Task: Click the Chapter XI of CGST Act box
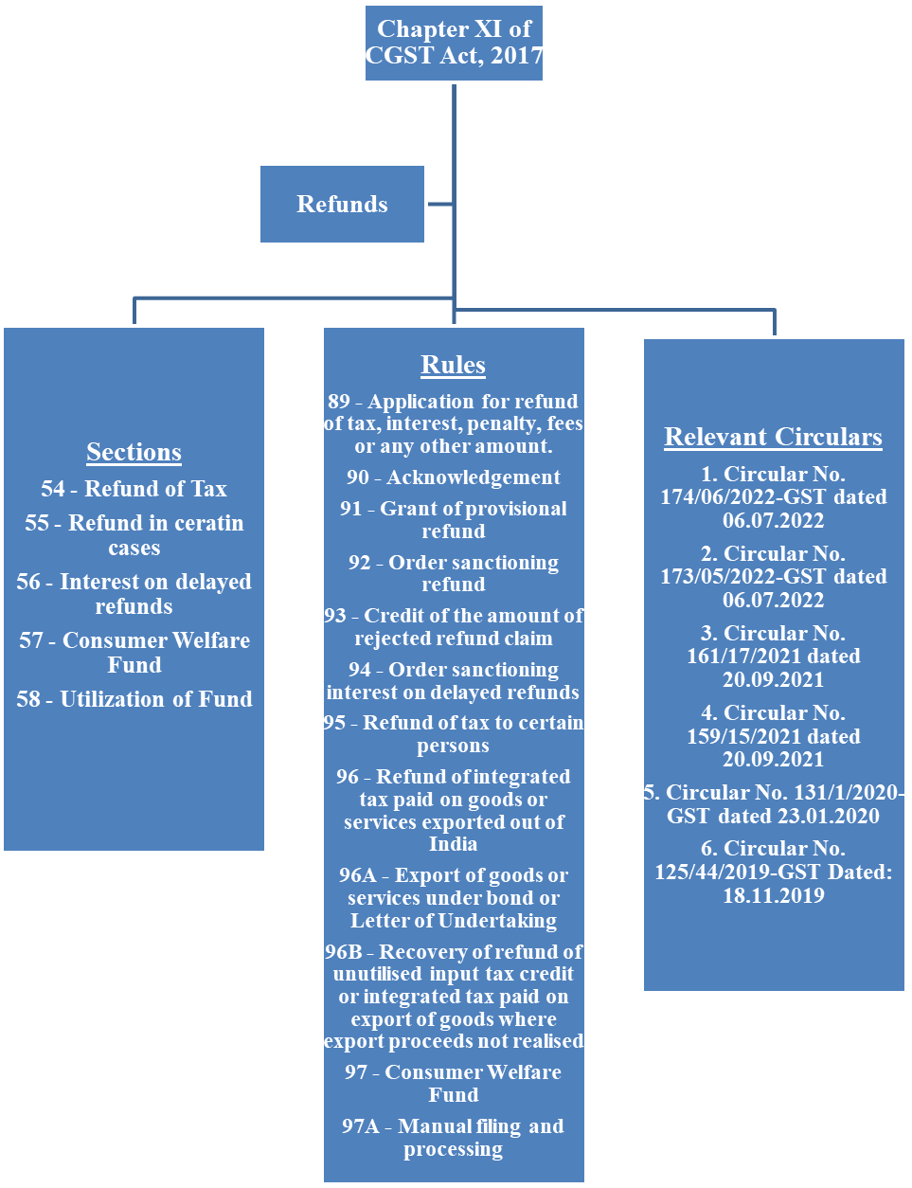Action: coord(454,43)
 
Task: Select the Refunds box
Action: coord(342,205)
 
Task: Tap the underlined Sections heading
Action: coord(134,452)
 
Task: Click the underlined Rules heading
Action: coord(453,365)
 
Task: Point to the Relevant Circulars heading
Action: coord(773,437)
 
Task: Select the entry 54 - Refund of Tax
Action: coord(134,489)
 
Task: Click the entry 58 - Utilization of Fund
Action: coord(134,699)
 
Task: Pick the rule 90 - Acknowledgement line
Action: coord(453,477)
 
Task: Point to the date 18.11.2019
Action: coord(773,895)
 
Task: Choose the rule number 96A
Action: coord(357,875)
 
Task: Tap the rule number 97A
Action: coord(360,1126)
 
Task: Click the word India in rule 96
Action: coord(453,844)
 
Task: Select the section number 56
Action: coord(29,582)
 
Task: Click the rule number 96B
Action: coord(343,951)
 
